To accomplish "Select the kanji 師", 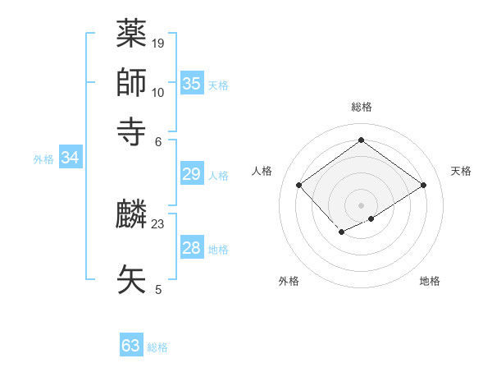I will [x=132, y=82].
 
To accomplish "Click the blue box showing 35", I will [x=192, y=83].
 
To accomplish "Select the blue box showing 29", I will [x=192, y=173].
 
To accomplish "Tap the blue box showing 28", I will [x=192, y=248].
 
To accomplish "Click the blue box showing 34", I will [x=70, y=158].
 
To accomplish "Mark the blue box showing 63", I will [x=131, y=346].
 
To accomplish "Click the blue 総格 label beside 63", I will [x=157, y=347].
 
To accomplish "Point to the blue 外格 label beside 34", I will [x=43, y=159].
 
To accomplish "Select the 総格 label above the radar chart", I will [x=362, y=107].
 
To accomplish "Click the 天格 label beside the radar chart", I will [x=461, y=171].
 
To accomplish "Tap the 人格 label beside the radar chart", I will [x=262, y=171].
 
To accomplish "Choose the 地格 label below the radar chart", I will [x=430, y=281].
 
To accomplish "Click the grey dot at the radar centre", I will [x=362, y=204].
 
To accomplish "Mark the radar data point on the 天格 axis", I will [x=424, y=186].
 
